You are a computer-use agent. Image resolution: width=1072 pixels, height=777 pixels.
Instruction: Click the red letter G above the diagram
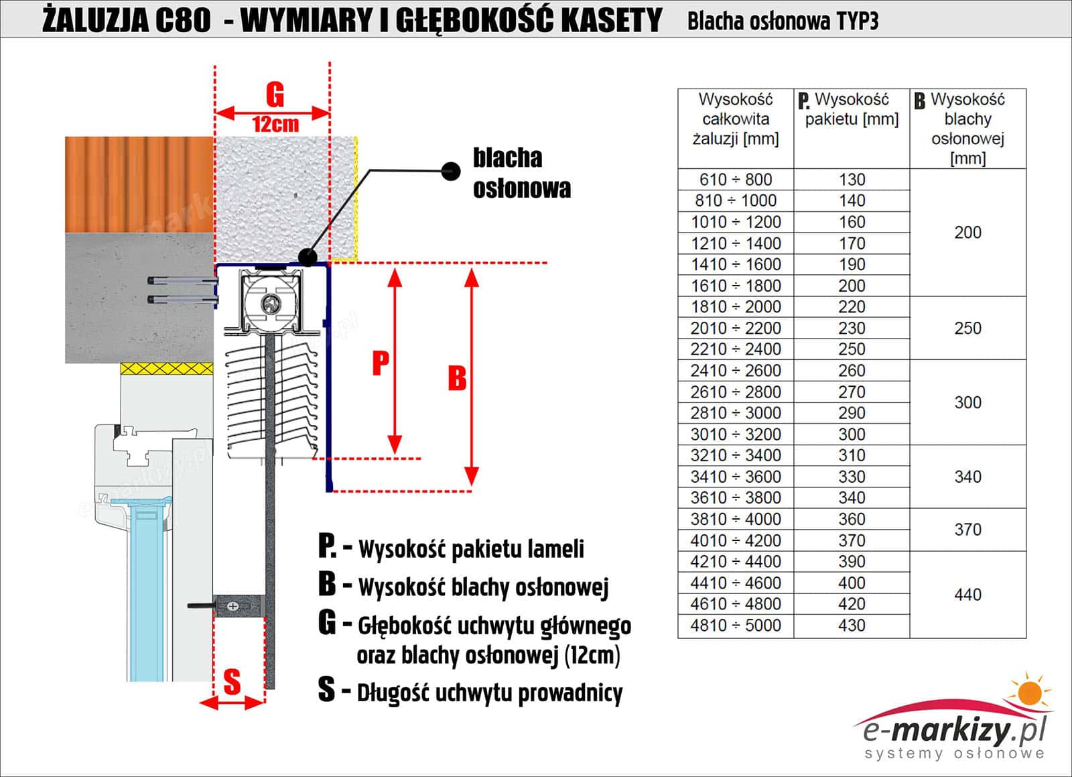(x=275, y=95)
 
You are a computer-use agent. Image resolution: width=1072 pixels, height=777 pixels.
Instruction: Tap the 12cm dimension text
(x=275, y=124)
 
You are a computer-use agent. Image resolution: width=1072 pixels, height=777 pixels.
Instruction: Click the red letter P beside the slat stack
(x=381, y=363)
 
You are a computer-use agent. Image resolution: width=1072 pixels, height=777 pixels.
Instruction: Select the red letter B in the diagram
(x=457, y=378)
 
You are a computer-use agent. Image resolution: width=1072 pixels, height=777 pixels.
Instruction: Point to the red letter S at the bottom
(x=232, y=682)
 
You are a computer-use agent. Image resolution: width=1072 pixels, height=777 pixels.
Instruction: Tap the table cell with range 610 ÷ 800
(x=736, y=180)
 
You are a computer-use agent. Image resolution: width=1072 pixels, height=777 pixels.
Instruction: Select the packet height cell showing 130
(x=852, y=180)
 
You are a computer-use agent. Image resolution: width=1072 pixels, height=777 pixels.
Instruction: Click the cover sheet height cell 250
(x=967, y=328)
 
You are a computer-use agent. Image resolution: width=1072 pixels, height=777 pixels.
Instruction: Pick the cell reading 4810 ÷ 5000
(x=736, y=625)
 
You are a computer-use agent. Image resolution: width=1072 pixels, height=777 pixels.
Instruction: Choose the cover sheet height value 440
(x=967, y=595)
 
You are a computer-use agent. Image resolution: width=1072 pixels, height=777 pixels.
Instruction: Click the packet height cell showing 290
(x=852, y=413)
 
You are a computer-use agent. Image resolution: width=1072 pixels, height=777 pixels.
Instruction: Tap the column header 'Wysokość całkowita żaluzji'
(x=736, y=119)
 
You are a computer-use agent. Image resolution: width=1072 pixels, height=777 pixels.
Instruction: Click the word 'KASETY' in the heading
(x=611, y=20)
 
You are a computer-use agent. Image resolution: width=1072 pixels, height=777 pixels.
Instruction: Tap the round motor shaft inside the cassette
(x=271, y=303)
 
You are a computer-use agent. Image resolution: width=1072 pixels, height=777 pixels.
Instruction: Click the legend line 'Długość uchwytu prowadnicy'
(x=489, y=693)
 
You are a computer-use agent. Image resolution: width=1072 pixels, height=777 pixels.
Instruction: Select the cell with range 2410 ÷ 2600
(x=736, y=371)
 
